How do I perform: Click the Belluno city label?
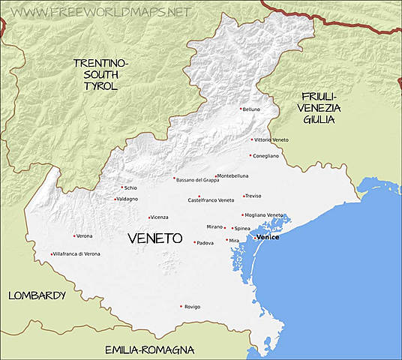coord(252,109)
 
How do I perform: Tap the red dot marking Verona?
coord(74,236)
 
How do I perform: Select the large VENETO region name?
coord(155,238)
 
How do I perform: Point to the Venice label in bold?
coord(268,237)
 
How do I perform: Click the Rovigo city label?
coord(192,307)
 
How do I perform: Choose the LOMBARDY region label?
coord(37,295)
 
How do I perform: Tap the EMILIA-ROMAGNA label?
coord(149,349)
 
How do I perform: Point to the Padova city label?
coord(205,243)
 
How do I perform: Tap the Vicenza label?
coord(160,217)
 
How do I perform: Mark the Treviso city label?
coord(253,196)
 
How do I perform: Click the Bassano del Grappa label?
coord(198,180)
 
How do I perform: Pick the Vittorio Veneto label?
coord(272,140)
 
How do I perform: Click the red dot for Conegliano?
coord(250,155)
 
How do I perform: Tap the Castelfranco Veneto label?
coord(211,200)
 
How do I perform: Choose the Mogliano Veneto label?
coord(265,215)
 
